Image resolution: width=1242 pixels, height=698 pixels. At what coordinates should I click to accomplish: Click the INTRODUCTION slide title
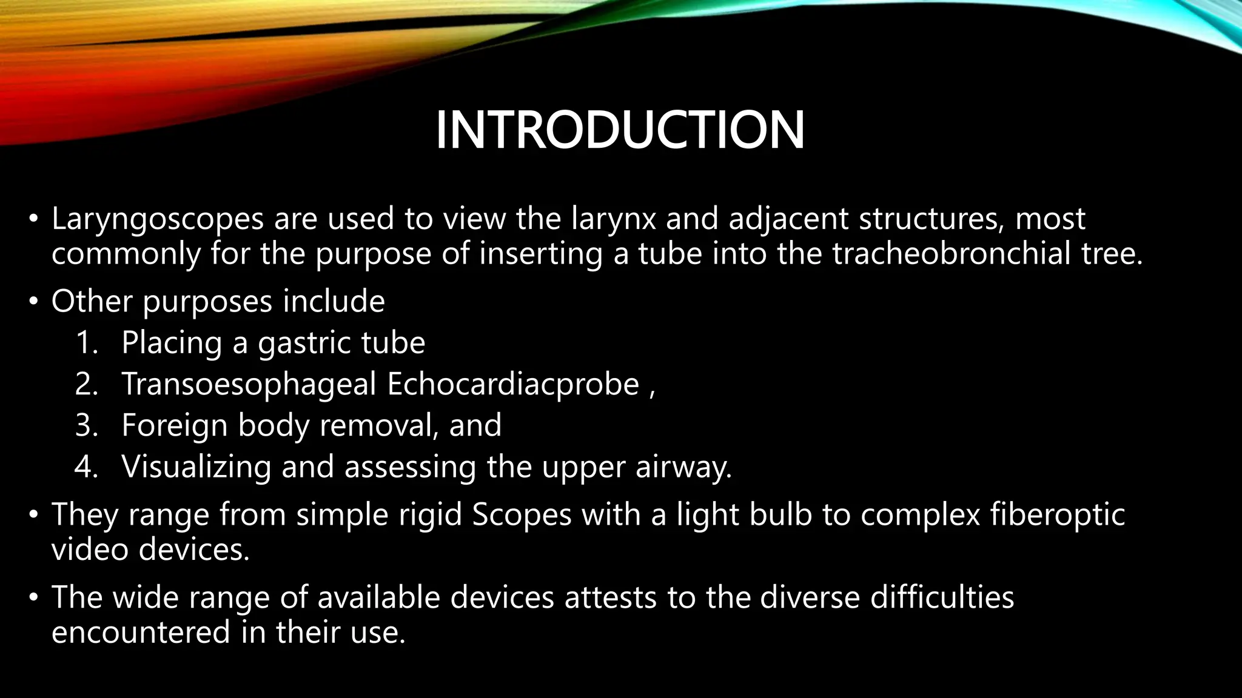coord(620,130)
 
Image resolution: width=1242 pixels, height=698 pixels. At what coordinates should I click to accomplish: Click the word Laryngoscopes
coord(158,219)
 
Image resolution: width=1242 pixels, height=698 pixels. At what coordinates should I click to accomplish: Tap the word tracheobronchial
coord(952,253)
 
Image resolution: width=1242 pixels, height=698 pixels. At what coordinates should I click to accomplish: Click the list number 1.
coord(87,343)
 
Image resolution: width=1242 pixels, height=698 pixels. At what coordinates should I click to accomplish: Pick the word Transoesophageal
coord(249,384)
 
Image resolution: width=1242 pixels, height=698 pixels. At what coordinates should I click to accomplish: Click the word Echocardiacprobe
coord(513,384)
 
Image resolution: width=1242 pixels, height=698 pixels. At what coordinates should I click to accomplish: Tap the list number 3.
coord(87,425)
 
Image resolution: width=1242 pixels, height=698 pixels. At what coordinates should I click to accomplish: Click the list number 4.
coord(87,467)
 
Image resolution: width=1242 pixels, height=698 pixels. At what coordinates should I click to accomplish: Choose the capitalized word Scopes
coord(522,515)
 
